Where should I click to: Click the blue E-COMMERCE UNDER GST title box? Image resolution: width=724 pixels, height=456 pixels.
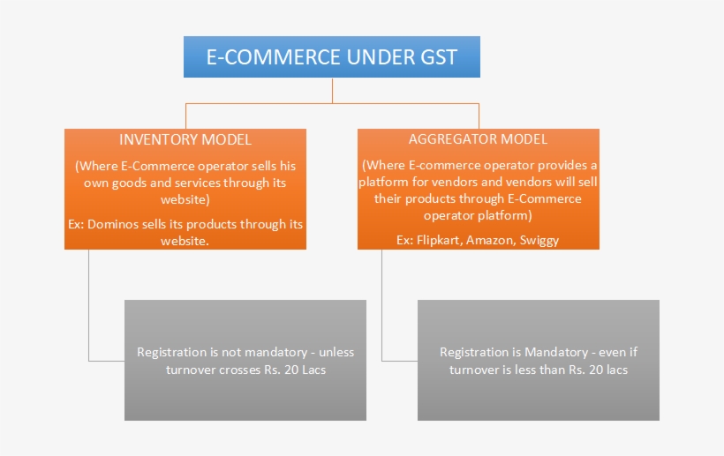332,57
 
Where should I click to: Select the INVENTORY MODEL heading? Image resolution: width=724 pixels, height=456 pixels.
185,139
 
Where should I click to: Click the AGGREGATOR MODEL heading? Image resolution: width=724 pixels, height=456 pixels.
478,139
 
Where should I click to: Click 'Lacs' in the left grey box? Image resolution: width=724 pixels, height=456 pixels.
309,370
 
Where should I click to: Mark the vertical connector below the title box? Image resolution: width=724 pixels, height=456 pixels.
332,91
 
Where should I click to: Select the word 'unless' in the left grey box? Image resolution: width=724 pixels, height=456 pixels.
334,352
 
